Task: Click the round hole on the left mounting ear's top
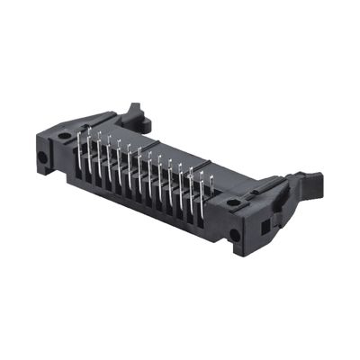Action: point(64,136)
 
